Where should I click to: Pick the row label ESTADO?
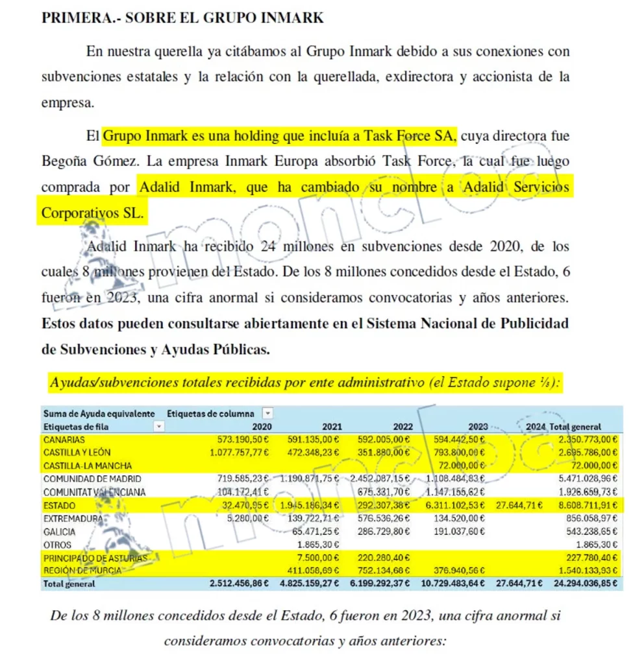click(60, 505)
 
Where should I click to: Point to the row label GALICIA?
click(59, 532)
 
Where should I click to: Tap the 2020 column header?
click(262, 427)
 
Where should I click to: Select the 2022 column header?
click(403, 427)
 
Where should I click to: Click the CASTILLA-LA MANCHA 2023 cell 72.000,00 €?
click(469, 466)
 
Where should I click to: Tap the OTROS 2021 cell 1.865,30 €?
click(315, 545)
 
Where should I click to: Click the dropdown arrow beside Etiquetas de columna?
click(267, 413)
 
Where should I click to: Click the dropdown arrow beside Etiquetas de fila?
click(158, 427)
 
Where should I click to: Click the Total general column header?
click(575, 427)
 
